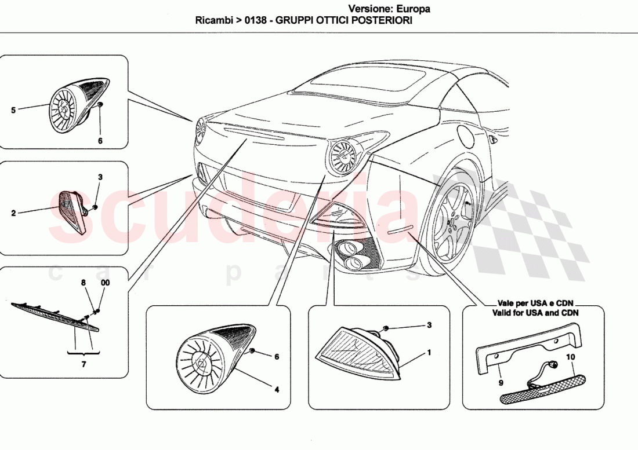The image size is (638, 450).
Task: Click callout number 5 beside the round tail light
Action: [13, 109]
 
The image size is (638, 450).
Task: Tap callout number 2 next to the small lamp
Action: [13, 213]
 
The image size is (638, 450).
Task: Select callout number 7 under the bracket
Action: [84, 364]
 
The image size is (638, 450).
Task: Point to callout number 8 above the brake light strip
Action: [84, 283]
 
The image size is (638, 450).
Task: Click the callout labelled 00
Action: [104, 283]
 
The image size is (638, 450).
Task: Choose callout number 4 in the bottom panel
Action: [277, 390]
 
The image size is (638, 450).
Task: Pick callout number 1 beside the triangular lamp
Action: [429, 352]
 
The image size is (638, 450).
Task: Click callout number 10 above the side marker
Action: [570, 357]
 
